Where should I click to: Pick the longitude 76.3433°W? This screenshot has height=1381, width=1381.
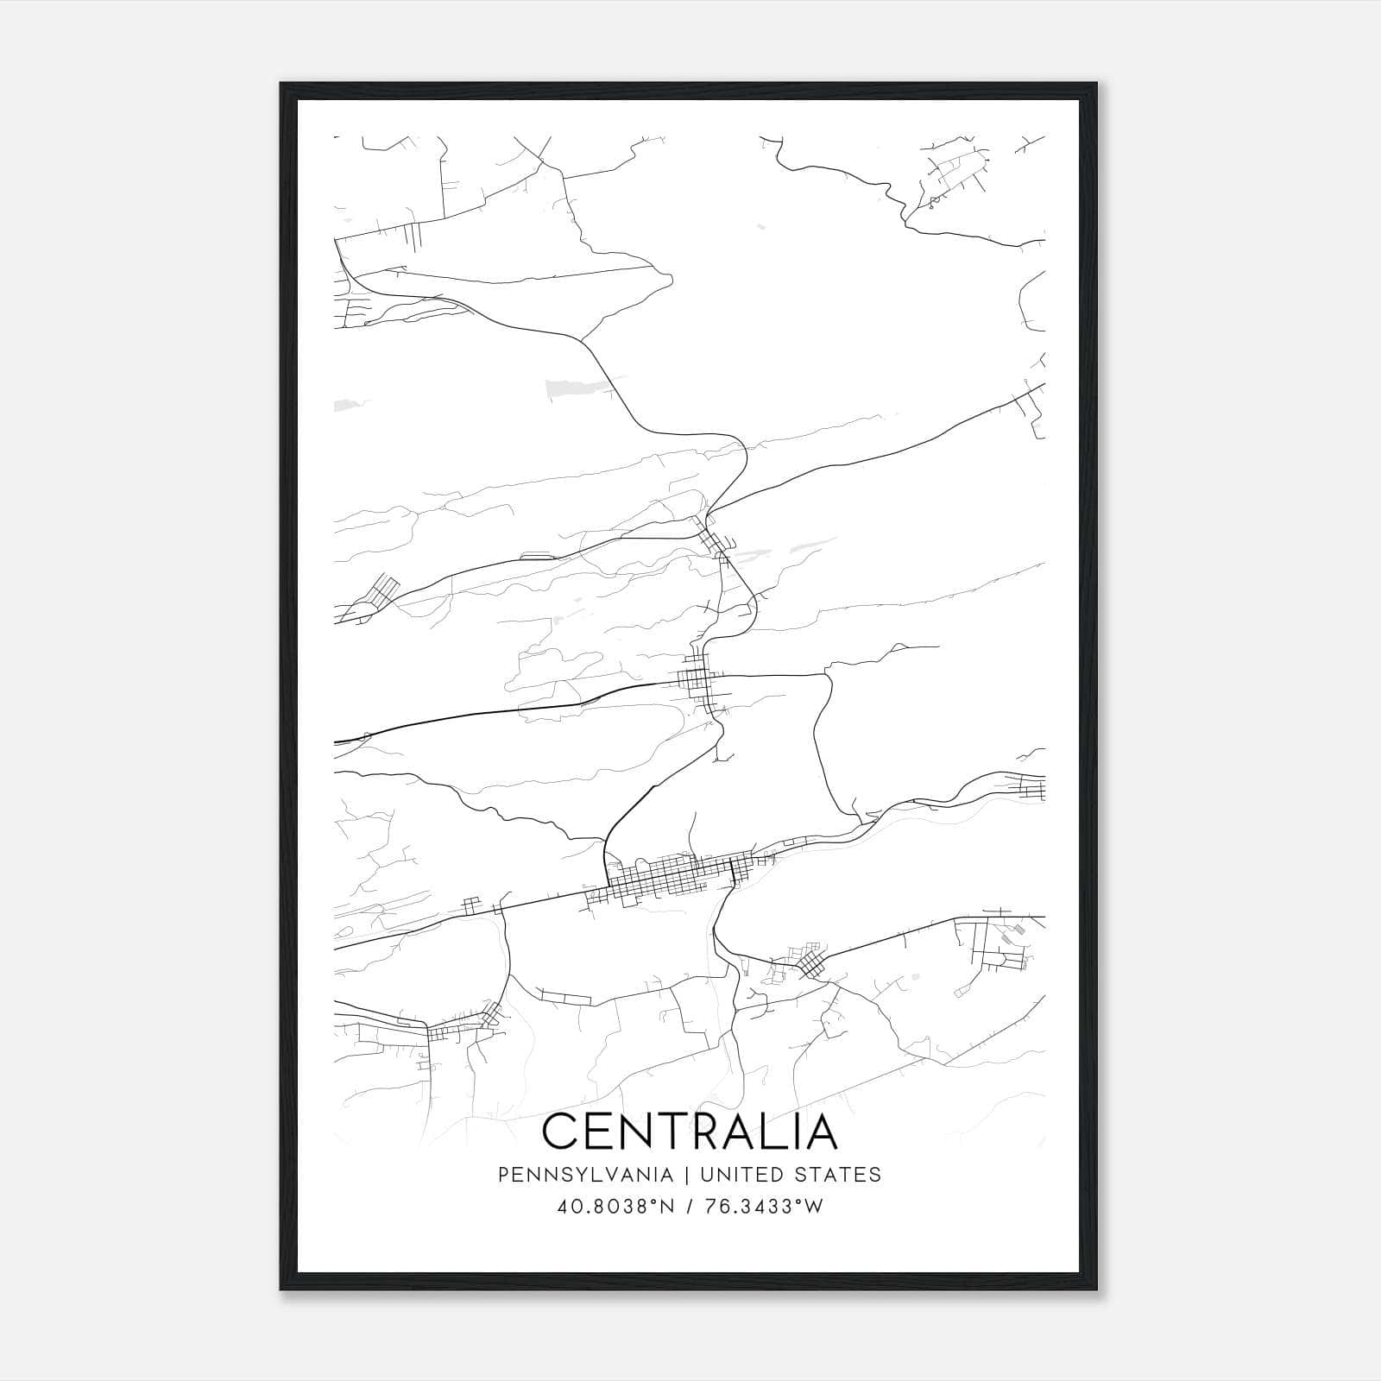click(x=765, y=1206)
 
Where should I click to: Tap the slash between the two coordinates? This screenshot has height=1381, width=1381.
click(x=688, y=1206)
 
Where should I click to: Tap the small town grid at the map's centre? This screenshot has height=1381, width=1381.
click(x=697, y=682)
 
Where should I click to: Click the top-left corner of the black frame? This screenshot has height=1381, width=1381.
click(x=281, y=85)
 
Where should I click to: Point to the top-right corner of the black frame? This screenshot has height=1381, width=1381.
click(x=1096, y=85)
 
